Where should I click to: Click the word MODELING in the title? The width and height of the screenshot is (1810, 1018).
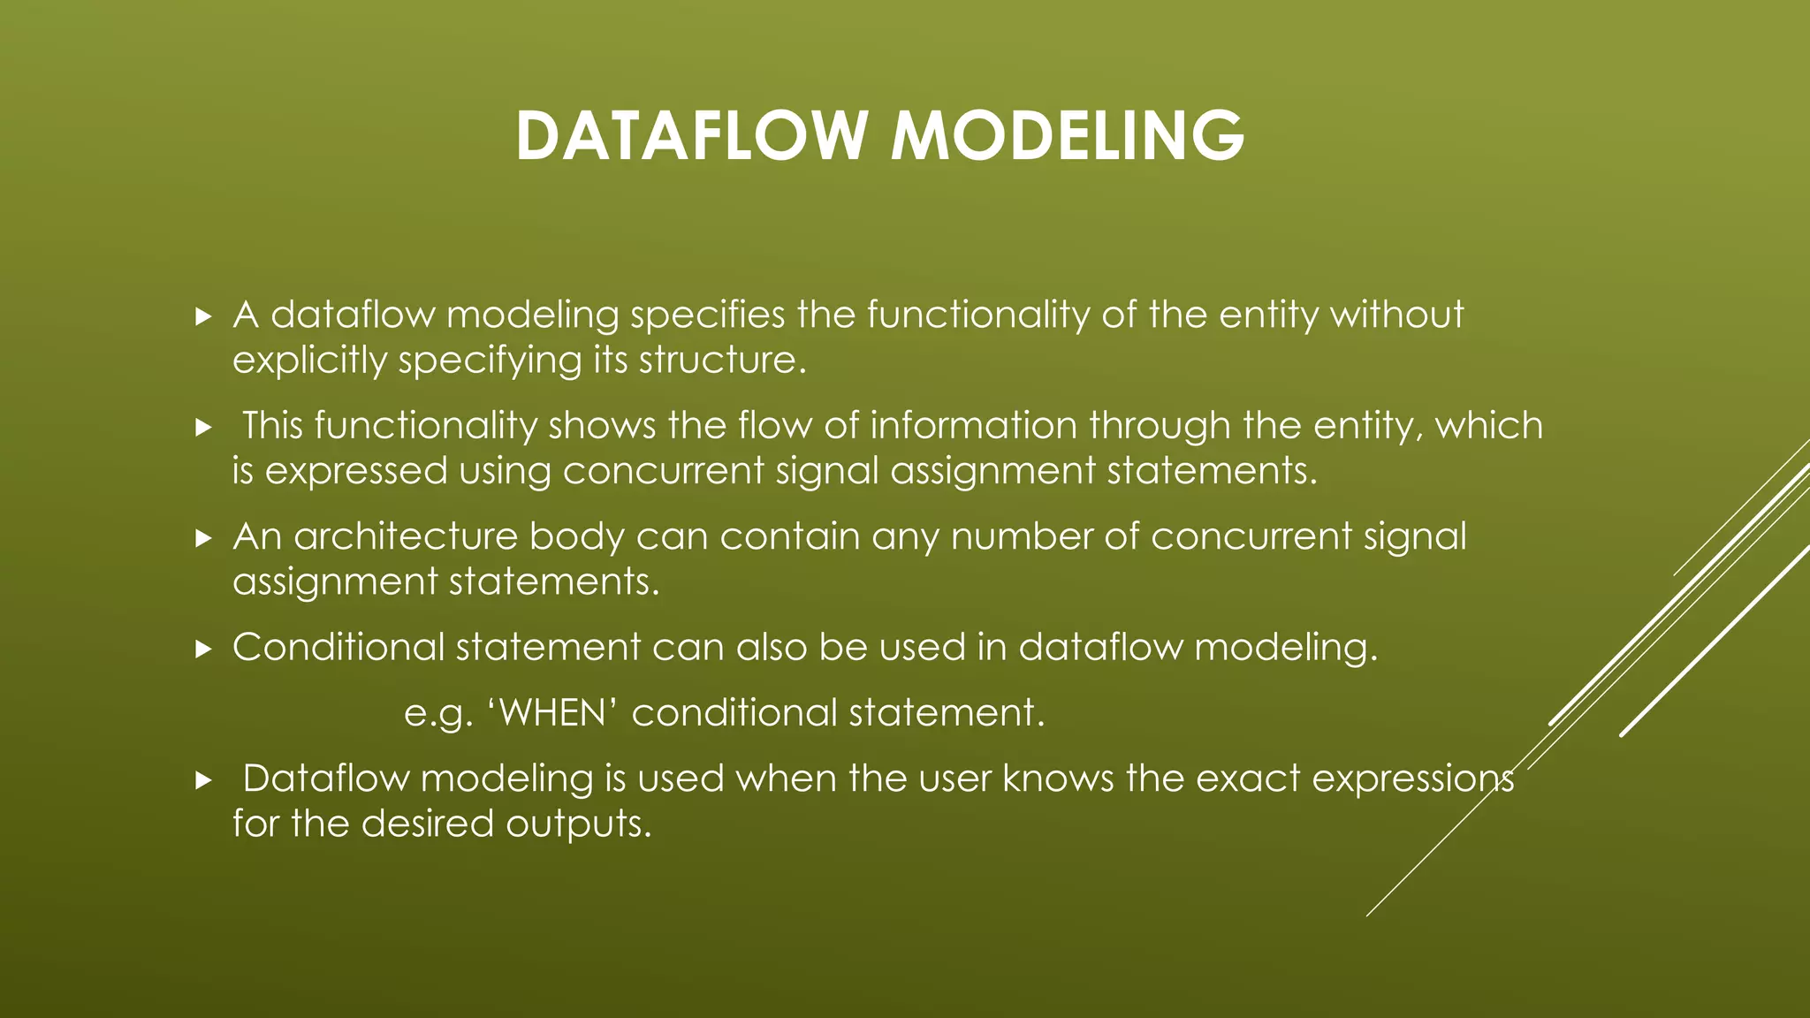click(1067, 136)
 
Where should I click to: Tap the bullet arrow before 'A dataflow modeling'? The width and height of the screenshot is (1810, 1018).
click(203, 316)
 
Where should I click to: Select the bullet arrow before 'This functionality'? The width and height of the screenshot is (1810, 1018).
click(203, 428)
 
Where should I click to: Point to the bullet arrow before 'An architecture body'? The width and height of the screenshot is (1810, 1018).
click(203, 538)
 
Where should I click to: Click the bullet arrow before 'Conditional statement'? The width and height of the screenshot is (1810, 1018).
click(203, 650)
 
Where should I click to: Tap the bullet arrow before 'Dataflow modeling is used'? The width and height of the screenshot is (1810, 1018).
click(203, 780)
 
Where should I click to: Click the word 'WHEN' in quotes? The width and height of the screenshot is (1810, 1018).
click(552, 713)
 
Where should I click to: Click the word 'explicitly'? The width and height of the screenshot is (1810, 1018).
click(309, 361)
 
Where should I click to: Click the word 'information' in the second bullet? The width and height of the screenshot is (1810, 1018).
click(973, 426)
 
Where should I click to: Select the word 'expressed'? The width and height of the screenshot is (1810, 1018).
click(356, 471)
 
